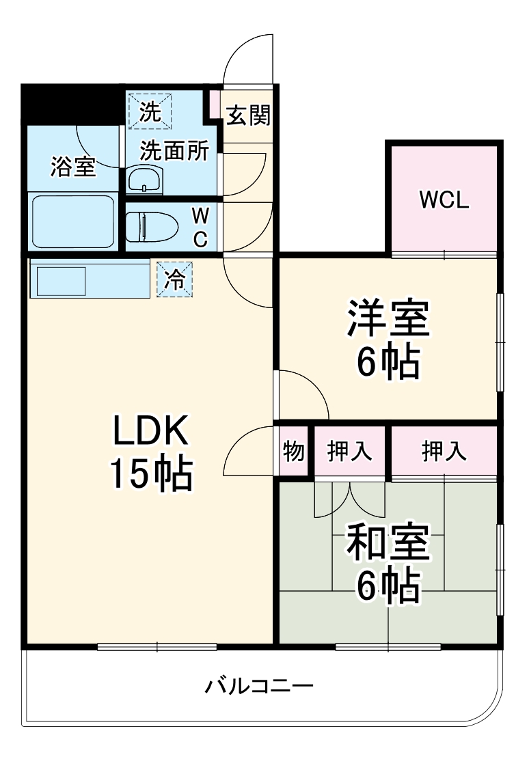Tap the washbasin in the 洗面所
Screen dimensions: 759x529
[144, 180]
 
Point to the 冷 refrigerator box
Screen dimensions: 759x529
[175, 280]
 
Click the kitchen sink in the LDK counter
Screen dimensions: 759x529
[61, 281]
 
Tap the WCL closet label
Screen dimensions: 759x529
[444, 199]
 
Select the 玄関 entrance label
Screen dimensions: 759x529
[248, 116]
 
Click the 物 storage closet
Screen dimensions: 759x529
[293, 452]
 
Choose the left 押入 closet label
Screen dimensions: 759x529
[349, 452]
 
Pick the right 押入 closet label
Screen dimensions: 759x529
[444, 452]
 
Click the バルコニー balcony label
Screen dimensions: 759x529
[259, 685]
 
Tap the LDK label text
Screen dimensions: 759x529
[150, 432]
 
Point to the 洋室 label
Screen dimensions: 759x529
[388, 319]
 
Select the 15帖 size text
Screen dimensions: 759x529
[150, 474]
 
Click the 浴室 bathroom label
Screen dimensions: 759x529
[72, 167]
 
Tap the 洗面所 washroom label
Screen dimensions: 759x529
[174, 152]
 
